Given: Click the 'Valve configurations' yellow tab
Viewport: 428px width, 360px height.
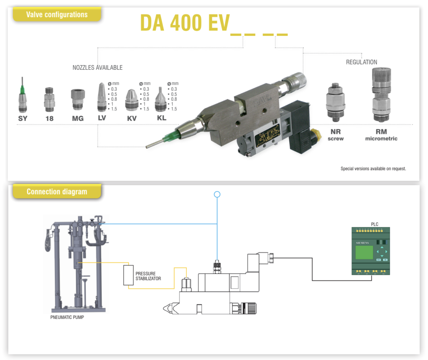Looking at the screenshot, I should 57,15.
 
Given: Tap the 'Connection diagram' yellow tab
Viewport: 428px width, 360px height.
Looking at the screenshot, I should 57,192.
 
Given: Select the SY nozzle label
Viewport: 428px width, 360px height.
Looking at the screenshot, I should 23,118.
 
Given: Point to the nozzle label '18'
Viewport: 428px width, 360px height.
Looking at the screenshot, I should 49,118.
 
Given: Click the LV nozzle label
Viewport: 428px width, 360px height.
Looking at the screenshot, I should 102,118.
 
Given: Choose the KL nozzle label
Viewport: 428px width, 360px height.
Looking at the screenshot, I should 162,118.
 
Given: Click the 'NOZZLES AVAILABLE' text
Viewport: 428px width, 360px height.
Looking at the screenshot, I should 97,68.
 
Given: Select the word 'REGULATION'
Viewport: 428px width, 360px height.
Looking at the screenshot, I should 361,62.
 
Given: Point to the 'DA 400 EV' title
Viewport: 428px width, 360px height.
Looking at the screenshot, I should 184,23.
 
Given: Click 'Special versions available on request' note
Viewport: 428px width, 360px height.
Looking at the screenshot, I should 373,169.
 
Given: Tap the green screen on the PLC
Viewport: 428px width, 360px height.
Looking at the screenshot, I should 364,252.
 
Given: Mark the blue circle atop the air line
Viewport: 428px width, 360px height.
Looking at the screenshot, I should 217,194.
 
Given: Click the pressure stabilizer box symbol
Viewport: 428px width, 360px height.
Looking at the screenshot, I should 128,275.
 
